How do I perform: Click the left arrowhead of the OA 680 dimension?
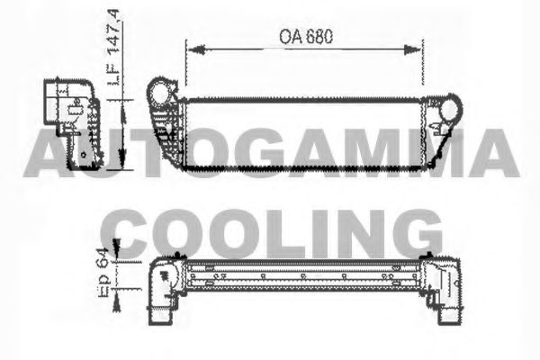pyautogui.click(x=189, y=50)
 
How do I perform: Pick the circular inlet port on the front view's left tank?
pyautogui.click(x=161, y=93)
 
